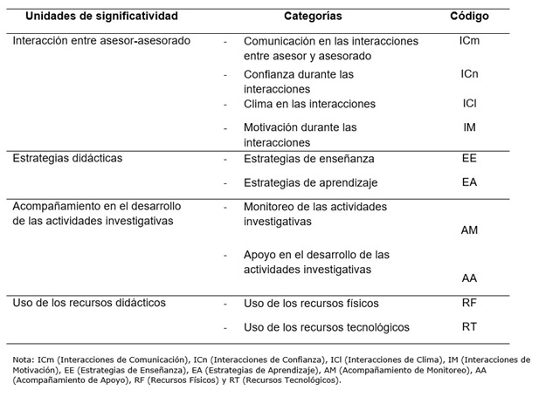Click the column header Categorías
pyautogui.click(x=313, y=17)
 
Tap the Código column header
pyautogui.click(x=468, y=17)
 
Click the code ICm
pyautogui.click(x=469, y=41)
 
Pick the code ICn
pyautogui.click(x=469, y=74)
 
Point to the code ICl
pyautogui.click(x=469, y=104)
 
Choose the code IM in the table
pyautogui.click(x=469, y=128)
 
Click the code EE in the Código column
pyautogui.click(x=469, y=159)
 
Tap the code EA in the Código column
pyautogui.click(x=469, y=183)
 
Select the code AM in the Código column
pyautogui.click(x=469, y=230)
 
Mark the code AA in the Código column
pyautogui.click(x=469, y=278)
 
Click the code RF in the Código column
pyautogui.click(x=469, y=303)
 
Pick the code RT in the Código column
pyautogui.click(x=469, y=327)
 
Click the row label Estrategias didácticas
pyautogui.click(x=68, y=159)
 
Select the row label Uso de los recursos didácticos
pyautogui.click(x=89, y=303)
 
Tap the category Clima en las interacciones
pyautogui.click(x=309, y=104)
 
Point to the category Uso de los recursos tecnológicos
pyautogui.click(x=327, y=327)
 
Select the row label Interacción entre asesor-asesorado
pyautogui.click(x=101, y=41)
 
